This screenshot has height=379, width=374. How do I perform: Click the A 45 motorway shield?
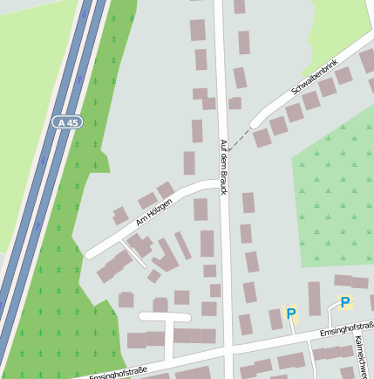point(66,122)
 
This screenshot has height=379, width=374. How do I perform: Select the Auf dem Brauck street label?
point(223,166)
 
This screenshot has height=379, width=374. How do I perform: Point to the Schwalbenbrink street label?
point(313,79)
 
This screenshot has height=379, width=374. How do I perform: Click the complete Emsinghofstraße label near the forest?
point(119,374)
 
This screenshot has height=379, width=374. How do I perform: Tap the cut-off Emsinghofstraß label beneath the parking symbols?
point(346,329)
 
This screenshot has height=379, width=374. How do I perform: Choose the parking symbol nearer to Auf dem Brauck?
point(291,313)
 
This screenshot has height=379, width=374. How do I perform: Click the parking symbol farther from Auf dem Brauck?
point(345,303)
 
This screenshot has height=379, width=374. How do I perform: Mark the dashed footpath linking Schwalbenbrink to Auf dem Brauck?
point(241,139)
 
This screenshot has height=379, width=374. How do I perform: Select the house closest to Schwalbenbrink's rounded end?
point(262,138)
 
